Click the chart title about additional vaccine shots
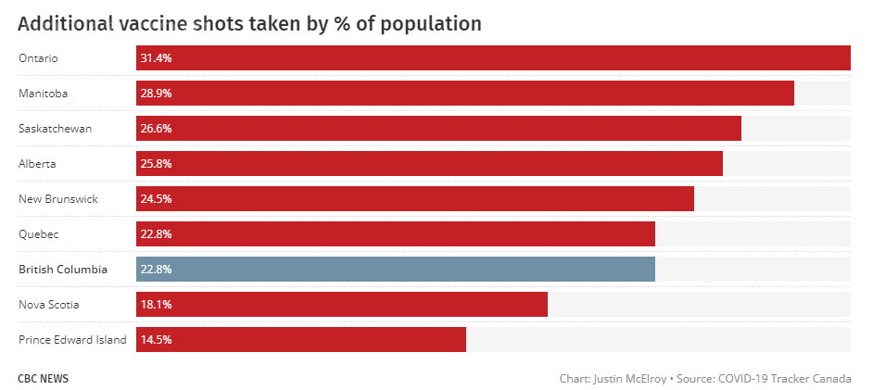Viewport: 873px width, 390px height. [x=249, y=23]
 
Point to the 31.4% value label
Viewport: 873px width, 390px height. [x=156, y=58]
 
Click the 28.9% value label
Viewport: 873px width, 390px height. [x=156, y=94]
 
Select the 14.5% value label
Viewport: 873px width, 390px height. [x=156, y=340]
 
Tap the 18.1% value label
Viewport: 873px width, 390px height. [x=156, y=305]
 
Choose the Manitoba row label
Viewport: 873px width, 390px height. [x=43, y=94]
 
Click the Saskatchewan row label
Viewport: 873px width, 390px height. [x=55, y=129]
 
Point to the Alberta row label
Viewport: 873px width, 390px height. [x=37, y=164]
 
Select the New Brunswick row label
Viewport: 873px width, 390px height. [x=57, y=199]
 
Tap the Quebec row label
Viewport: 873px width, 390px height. [x=39, y=234]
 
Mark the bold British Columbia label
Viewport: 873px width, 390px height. [x=63, y=270]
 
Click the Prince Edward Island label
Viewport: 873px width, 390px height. [x=72, y=340]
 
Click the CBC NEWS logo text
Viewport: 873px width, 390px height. [x=43, y=379]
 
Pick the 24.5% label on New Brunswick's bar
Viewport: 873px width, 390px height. [x=156, y=199]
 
